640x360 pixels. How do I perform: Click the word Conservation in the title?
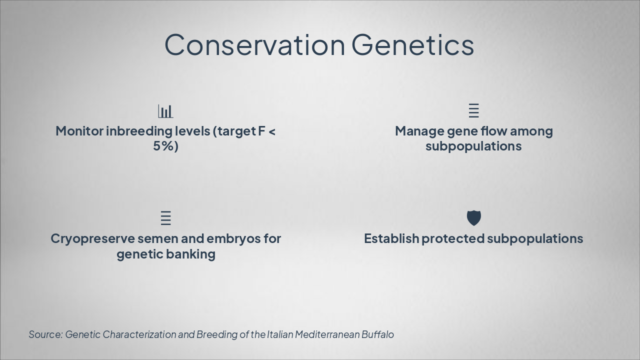(x=255, y=45)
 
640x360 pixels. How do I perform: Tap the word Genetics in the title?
(x=413, y=45)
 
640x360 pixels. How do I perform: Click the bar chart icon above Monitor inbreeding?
(x=165, y=111)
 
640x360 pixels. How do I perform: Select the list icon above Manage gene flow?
(x=473, y=110)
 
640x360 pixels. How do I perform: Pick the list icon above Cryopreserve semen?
(x=165, y=218)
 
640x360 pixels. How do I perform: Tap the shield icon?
(x=473, y=218)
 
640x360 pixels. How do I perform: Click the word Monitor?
(x=79, y=131)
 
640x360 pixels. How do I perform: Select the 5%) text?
(x=165, y=146)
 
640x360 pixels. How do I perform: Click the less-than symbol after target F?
(x=272, y=132)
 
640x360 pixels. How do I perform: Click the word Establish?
(x=391, y=238)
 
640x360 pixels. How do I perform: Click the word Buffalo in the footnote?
(x=377, y=334)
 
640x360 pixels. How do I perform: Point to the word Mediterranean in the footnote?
(x=327, y=334)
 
